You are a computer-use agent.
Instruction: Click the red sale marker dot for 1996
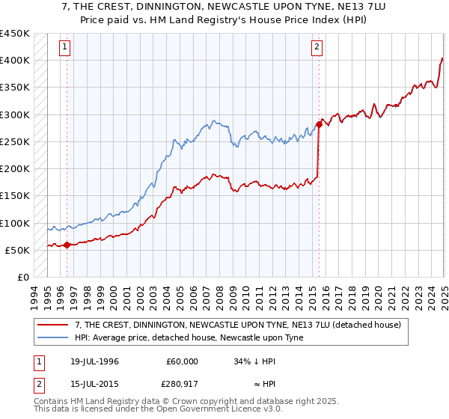(67, 245)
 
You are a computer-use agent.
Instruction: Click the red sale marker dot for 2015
(319, 125)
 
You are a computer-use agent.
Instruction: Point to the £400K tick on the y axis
(15, 61)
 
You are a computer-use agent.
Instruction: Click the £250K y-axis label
(15, 141)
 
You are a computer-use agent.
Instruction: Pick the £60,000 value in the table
(180, 361)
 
